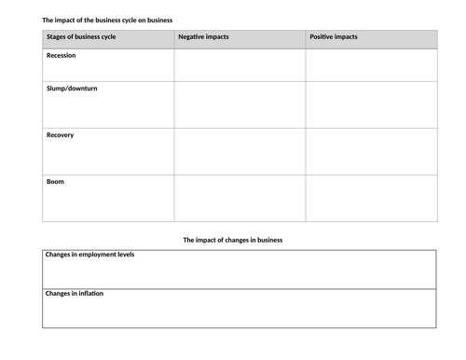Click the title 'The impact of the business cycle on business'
pos(105,19)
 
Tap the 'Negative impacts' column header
pos(202,38)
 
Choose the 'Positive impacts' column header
pos(333,38)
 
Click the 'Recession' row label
pos(62,56)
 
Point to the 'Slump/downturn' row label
pos(71,88)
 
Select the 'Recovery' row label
pos(61,135)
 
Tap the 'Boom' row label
pos(56,182)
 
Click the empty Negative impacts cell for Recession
pos(240,64)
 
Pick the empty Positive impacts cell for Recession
pos(371,64)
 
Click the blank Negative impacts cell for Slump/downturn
pos(240,104)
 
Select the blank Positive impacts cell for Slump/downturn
pos(371,104)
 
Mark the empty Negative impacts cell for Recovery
pos(240,151)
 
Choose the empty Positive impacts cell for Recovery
pos(371,151)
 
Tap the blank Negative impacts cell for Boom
pos(240,198)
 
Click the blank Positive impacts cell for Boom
pos(371,198)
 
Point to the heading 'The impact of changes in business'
pos(233,240)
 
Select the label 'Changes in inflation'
pos(75,294)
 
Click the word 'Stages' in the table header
pos(58,38)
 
